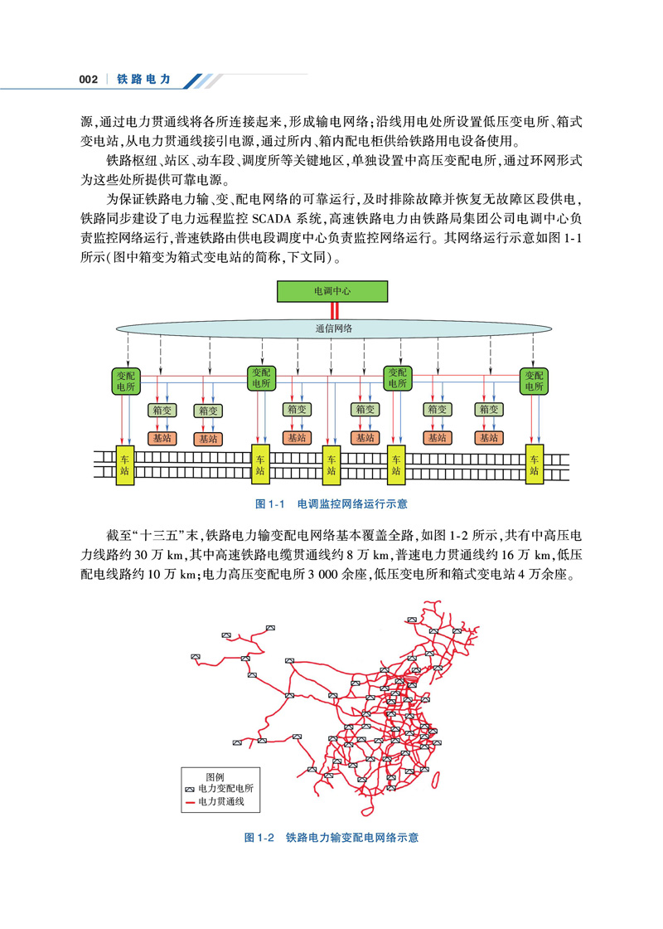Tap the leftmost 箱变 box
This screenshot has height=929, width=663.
(161, 410)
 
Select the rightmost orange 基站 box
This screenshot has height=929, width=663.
(488, 438)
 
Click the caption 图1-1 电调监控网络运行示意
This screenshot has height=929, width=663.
(331, 503)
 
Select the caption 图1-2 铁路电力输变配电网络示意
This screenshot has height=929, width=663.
(331, 838)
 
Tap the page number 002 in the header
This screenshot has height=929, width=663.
(89, 80)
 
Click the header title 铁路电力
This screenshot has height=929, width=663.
(144, 80)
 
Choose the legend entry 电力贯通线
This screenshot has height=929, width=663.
(221, 802)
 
